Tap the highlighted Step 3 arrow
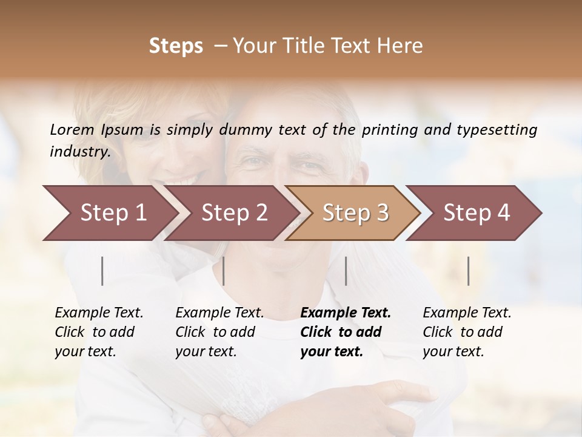click(x=355, y=213)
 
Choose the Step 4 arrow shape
click(x=477, y=213)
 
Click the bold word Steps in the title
click(x=176, y=46)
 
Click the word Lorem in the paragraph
click(x=72, y=130)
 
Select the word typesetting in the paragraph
click(x=497, y=130)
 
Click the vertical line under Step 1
click(x=102, y=271)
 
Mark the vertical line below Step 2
click(x=224, y=271)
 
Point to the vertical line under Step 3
click(x=346, y=271)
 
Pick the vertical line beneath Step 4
click(x=469, y=271)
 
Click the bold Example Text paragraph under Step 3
click(x=346, y=332)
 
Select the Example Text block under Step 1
click(x=99, y=332)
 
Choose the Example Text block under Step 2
click(x=219, y=332)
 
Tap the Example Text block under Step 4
click(x=467, y=332)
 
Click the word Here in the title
click(x=401, y=46)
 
